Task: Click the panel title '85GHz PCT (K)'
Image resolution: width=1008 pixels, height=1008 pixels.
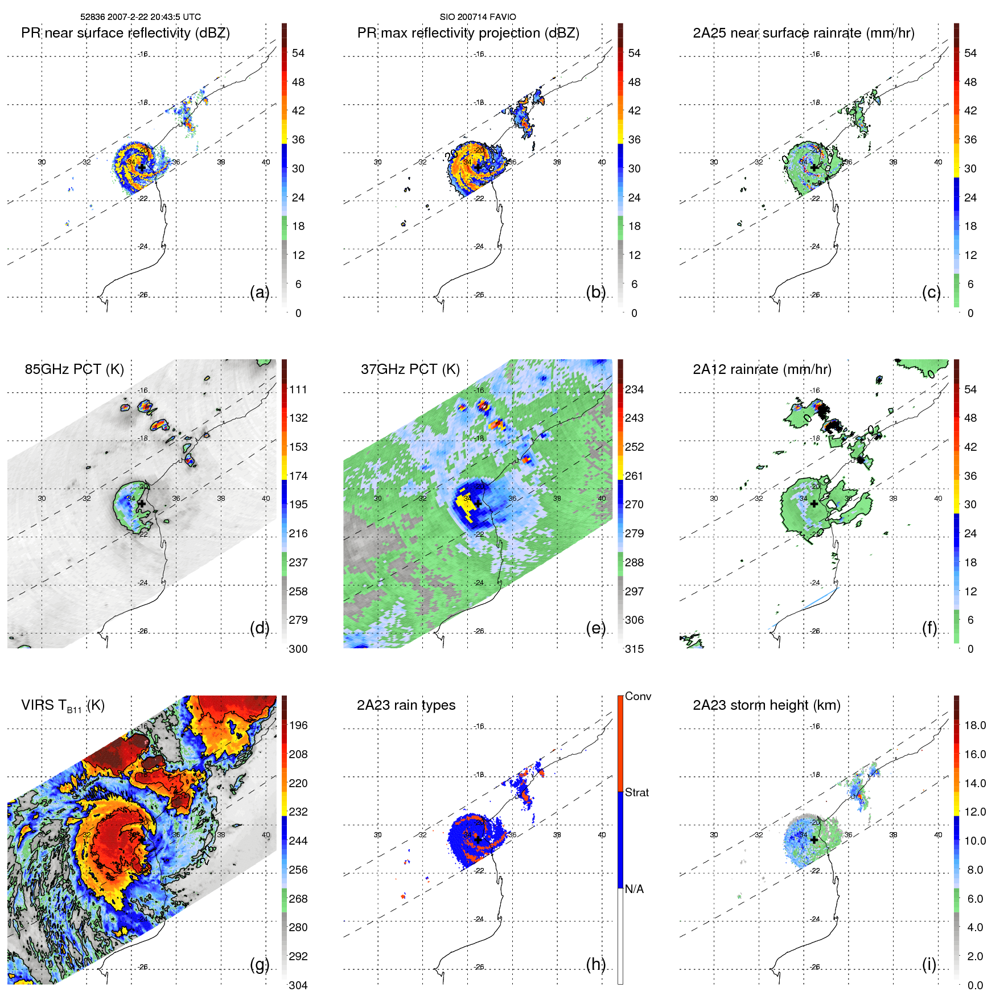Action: (x=74, y=369)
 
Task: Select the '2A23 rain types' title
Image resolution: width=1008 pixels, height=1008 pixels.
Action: (x=406, y=705)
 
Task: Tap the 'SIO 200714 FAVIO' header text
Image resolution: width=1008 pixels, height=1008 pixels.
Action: (x=478, y=17)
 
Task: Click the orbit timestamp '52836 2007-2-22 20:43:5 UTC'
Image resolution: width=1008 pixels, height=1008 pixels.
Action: (x=140, y=17)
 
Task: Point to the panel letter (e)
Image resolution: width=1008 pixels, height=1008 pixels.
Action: (x=595, y=628)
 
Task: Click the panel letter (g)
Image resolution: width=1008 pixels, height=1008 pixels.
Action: (x=260, y=964)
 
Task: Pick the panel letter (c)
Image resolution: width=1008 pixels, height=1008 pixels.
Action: (x=931, y=292)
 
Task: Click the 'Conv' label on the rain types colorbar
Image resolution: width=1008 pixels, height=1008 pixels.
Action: (x=637, y=697)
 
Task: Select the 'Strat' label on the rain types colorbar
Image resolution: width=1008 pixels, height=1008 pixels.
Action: (x=636, y=792)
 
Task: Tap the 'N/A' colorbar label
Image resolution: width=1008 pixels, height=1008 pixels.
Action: (x=634, y=889)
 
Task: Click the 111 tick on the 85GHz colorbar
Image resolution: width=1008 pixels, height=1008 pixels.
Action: (x=298, y=390)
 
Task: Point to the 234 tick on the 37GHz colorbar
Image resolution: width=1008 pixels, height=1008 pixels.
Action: (x=634, y=390)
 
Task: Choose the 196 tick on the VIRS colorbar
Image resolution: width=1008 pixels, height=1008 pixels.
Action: (x=298, y=726)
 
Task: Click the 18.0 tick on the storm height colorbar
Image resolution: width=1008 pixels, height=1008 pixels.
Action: (x=974, y=726)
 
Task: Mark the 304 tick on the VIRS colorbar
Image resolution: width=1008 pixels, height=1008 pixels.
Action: (x=298, y=985)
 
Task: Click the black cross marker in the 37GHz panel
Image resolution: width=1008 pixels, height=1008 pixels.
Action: (x=478, y=504)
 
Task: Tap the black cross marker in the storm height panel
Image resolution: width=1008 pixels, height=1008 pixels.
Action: (x=814, y=840)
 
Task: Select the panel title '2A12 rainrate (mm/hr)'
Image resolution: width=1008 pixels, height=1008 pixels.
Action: (x=762, y=369)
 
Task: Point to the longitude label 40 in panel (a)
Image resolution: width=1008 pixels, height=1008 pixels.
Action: (x=266, y=162)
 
